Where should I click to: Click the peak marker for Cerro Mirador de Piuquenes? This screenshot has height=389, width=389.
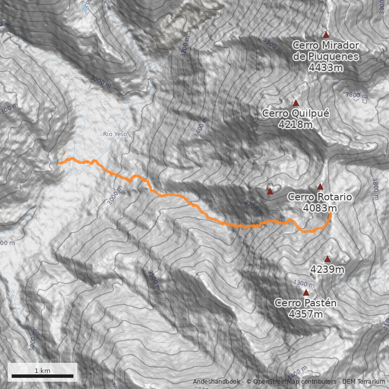click(326, 35)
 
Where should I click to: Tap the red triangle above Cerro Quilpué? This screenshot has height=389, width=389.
click(296, 103)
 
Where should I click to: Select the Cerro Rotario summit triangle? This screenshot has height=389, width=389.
click(320, 186)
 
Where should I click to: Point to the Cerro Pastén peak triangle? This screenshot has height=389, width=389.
click(306, 292)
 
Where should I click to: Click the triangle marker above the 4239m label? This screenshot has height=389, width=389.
click(327, 259)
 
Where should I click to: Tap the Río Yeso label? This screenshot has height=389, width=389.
click(115, 134)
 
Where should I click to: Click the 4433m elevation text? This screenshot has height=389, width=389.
click(325, 68)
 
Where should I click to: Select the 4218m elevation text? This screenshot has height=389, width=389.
click(295, 124)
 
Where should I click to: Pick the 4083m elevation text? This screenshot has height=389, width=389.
click(319, 208)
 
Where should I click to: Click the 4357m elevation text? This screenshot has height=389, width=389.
click(305, 314)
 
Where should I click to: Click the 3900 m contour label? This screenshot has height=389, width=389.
click(273, 46)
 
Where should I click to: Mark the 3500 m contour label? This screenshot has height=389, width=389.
click(154, 281)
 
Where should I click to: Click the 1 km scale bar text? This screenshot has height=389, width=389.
click(42, 371)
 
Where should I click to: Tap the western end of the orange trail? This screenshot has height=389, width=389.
click(59, 164)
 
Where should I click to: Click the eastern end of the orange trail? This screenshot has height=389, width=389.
click(330, 213)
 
